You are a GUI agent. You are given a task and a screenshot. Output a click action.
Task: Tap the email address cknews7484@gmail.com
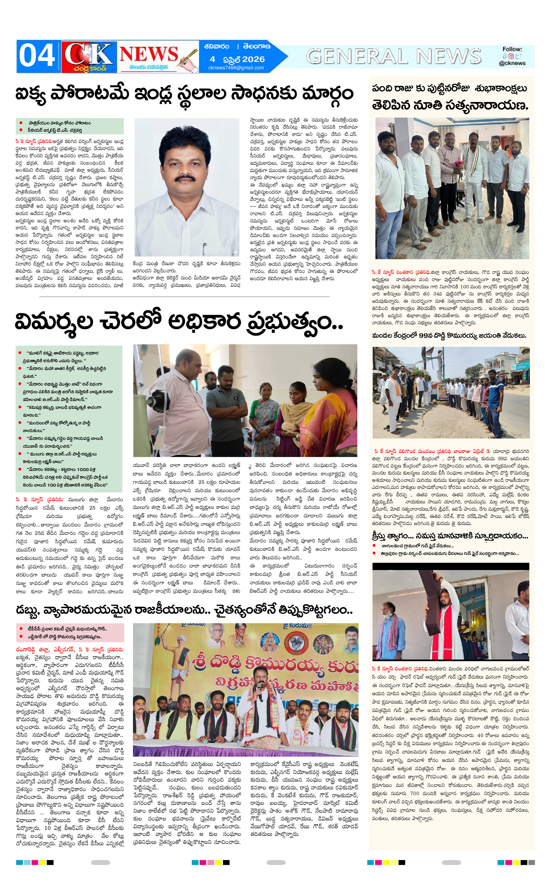point(236,68)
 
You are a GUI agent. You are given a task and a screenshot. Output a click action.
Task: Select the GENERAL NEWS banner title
point(393,56)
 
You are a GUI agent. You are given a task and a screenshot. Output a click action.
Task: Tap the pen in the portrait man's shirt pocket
point(205,248)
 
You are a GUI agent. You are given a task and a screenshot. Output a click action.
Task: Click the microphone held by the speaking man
point(259,686)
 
